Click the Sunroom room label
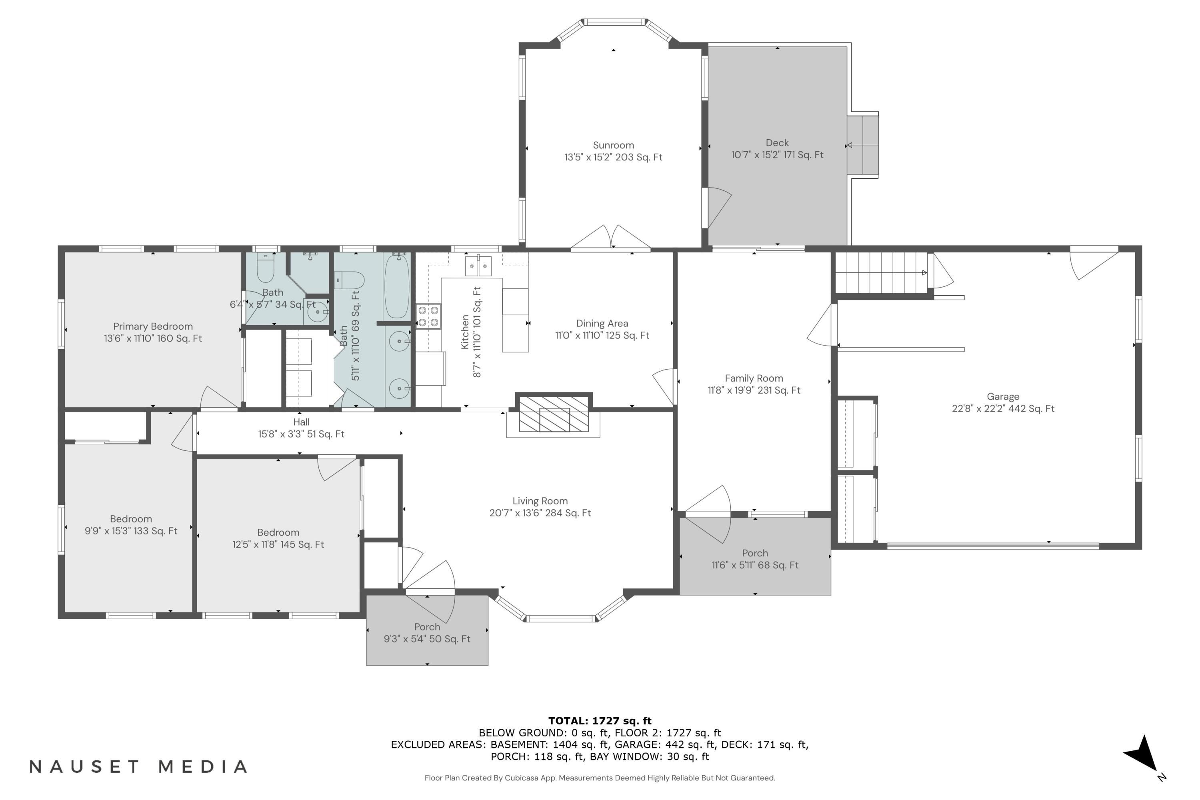[613, 146]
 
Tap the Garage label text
[1003, 396]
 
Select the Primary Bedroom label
[153, 326]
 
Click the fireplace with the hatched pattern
[554, 413]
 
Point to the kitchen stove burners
[428, 316]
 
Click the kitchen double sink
[478, 266]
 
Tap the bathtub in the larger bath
[396, 287]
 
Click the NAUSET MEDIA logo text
[138, 767]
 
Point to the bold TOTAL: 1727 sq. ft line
[600, 721]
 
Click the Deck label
[777, 143]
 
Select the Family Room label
[754, 378]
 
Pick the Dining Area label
[602, 324]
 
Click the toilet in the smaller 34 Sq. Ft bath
[265, 268]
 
